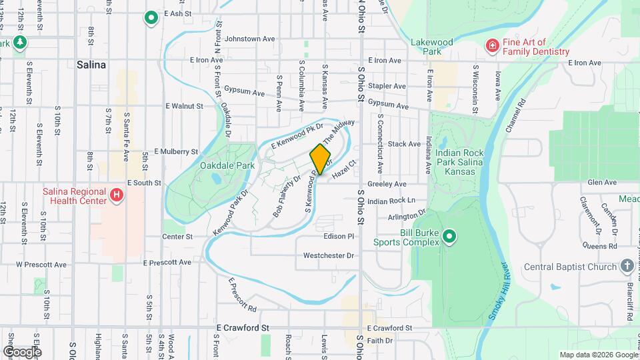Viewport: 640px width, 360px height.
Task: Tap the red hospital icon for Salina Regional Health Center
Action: coord(117,195)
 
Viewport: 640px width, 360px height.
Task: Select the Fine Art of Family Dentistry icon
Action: coord(492,45)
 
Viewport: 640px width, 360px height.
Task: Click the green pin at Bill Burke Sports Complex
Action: coord(449,236)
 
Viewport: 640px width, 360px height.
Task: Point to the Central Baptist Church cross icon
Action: coord(627,267)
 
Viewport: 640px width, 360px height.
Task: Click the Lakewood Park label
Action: coord(432,47)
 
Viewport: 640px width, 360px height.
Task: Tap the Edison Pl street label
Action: coord(339,237)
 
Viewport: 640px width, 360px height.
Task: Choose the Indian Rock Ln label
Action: coord(391,201)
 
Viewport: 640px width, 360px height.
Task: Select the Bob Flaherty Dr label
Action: coord(287,197)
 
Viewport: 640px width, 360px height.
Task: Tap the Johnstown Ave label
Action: coord(250,39)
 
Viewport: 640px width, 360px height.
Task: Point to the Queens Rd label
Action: coord(600,246)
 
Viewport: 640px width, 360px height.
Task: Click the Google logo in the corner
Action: coord(22,352)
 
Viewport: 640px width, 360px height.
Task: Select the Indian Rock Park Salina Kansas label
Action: coord(459,159)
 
